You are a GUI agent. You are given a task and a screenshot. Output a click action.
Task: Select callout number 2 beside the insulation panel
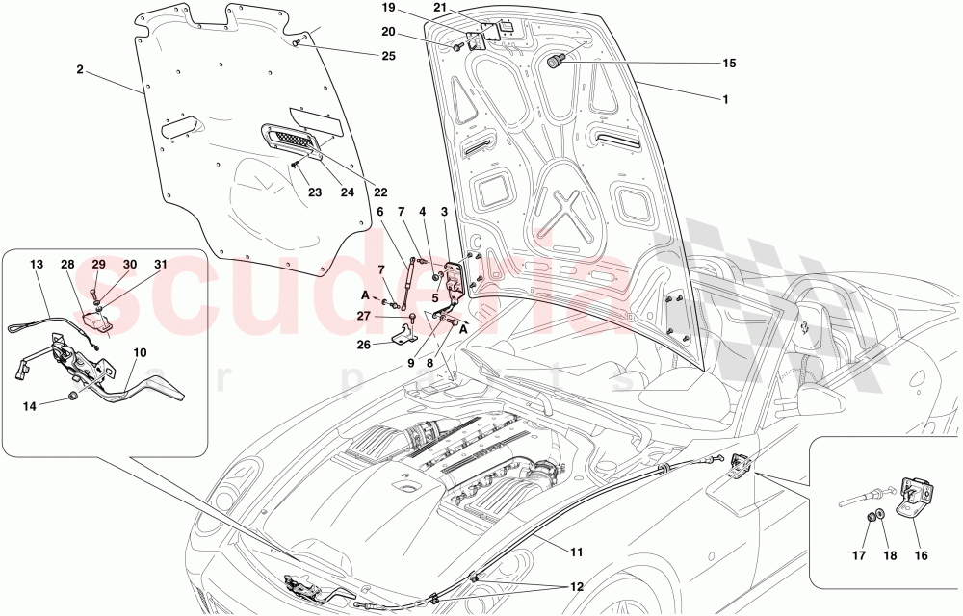click(x=80, y=69)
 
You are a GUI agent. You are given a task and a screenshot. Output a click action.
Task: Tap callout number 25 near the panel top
click(x=361, y=56)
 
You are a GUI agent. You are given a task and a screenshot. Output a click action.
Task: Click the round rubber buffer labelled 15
click(x=556, y=63)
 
